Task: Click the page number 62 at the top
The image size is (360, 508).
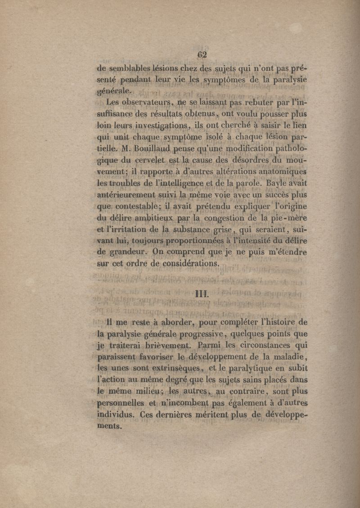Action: (x=201, y=55)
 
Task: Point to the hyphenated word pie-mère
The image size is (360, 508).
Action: (x=288, y=219)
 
